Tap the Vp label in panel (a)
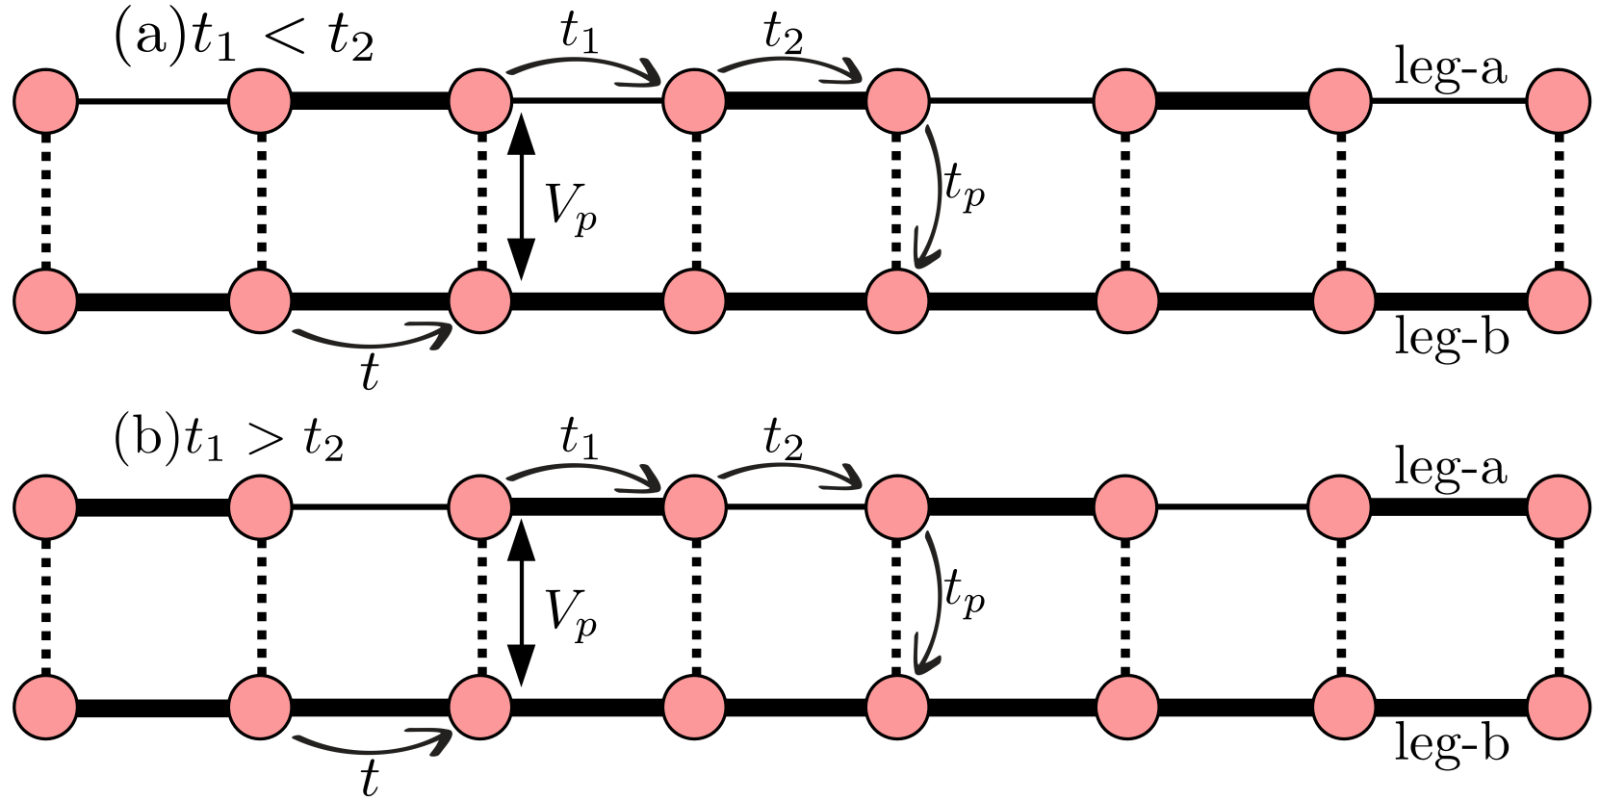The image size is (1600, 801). (571, 207)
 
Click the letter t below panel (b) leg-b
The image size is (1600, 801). (370, 778)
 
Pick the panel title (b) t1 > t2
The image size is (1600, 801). (229, 441)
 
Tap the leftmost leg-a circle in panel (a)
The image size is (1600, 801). (46, 100)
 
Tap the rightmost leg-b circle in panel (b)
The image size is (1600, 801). (1558, 707)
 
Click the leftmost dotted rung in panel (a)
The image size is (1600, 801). (46, 200)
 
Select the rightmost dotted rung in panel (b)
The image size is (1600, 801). (1558, 607)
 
